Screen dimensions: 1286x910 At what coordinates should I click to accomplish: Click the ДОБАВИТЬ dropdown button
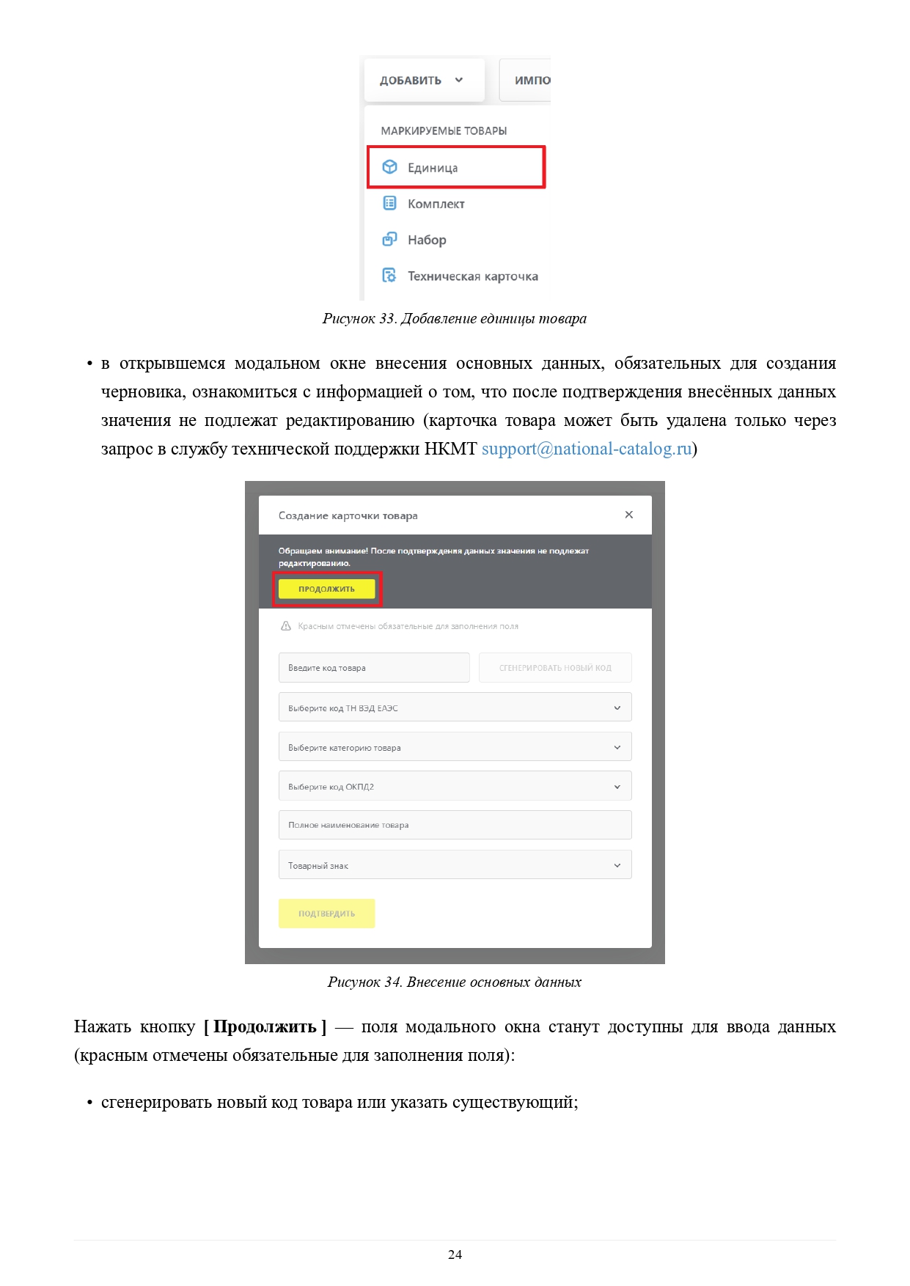(x=423, y=81)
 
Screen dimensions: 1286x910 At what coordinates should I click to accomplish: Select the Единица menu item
(x=433, y=168)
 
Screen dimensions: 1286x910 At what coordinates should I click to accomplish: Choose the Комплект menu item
(x=436, y=204)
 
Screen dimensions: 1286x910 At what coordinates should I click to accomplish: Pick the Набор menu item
(x=427, y=240)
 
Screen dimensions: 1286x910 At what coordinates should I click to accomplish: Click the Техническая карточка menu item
(x=472, y=276)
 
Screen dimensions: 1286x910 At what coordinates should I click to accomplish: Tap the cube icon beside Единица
(x=390, y=167)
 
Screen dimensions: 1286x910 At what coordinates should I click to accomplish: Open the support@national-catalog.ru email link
(x=587, y=449)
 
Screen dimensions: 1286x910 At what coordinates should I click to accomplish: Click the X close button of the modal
(x=628, y=515)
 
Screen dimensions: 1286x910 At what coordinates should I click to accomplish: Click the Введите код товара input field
(x=373, y=668)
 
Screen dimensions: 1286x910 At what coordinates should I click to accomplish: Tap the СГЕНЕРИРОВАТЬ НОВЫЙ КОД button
(x=555, y=668)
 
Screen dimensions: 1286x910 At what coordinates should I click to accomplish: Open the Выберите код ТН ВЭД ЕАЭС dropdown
(x=455, y=708)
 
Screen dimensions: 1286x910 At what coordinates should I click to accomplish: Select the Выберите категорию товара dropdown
(x=455, y=748)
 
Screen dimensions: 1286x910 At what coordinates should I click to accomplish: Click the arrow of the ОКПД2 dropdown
(x=617, y=787)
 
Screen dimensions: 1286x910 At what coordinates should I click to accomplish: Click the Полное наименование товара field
(x=455, y=826)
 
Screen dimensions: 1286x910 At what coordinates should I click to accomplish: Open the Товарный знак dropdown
(x=455, y=866)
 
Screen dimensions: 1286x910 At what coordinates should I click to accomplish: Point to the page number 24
(x=455, y=1254)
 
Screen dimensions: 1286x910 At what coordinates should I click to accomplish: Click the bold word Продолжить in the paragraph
(x=265, y=1027)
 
